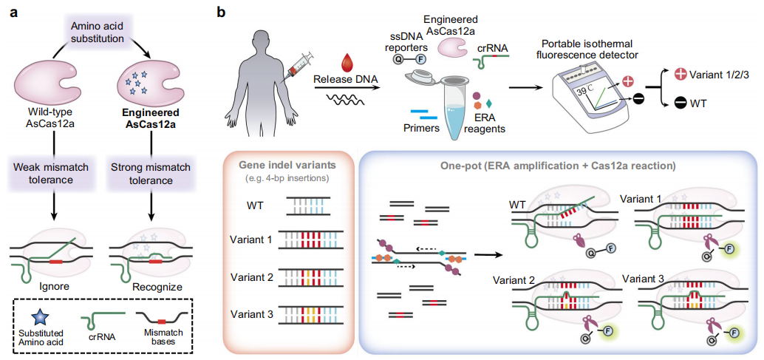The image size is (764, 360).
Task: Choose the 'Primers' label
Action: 420,126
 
